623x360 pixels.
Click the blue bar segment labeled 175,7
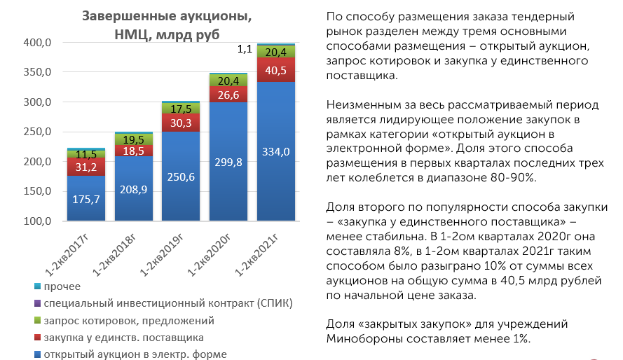86,198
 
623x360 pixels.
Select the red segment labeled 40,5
276,70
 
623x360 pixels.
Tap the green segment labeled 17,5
181,109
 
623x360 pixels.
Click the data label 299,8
228,162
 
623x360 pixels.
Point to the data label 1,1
245,49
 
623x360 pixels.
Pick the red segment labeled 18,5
133,151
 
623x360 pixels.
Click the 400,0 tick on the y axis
37,43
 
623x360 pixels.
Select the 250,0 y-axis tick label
37,132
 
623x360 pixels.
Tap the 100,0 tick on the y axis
37,221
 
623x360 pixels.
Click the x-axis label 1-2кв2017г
67,255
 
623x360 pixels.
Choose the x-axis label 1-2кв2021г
256,255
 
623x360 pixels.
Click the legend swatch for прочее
37,286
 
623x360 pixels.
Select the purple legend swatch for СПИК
37,303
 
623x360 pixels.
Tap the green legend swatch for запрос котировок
37,320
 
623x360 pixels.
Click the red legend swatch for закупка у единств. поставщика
37,338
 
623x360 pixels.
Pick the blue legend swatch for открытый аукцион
37,354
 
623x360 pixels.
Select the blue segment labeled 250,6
181,176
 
